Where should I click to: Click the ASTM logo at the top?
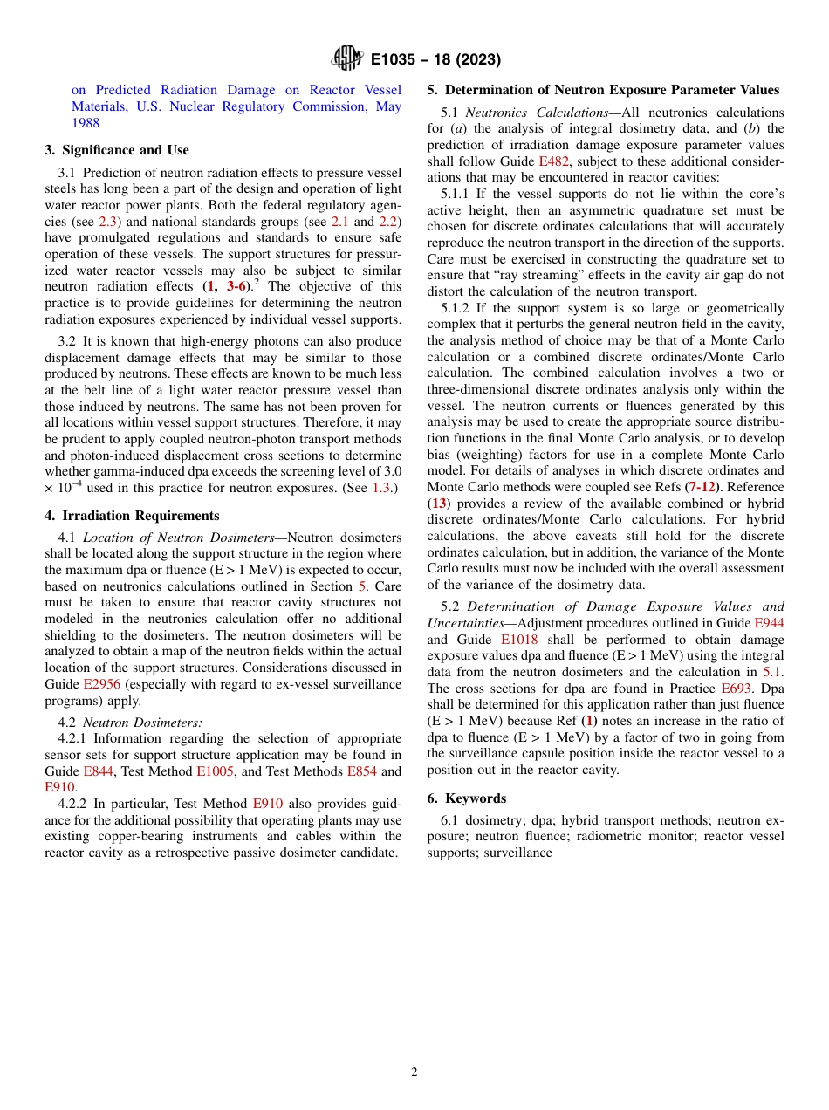point(347,59)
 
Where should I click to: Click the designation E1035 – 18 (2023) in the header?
point(435,60)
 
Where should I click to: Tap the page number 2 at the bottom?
point(414,1072)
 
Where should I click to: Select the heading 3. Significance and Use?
point(116,150)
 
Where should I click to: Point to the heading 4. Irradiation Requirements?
point(132,516)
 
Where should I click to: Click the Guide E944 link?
point(767,623)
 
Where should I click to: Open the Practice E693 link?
point(736,689)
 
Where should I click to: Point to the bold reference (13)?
point(438,504)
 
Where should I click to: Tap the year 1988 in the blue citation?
point(86,123)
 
